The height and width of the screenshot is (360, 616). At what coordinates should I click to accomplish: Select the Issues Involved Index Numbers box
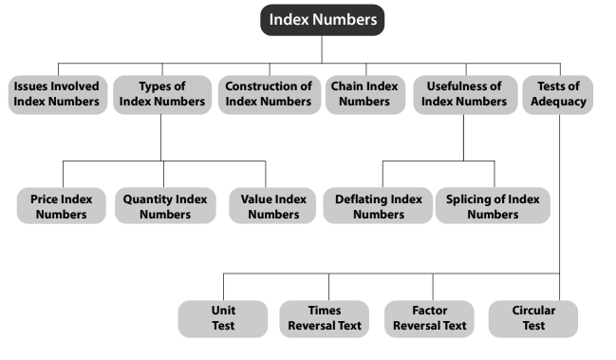click(x=57, y=94)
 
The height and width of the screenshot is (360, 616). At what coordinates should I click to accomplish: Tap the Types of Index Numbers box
click(x=160, y=94)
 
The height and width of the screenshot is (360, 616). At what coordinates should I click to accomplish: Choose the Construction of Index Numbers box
click(x=268, y=94)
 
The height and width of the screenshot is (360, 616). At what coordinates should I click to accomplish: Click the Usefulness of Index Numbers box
click(x=463, y=94)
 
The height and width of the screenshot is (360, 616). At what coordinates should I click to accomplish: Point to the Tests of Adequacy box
click(x=559, y=94)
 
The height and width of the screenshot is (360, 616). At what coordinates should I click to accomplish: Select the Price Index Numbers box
click(x=63, y=206)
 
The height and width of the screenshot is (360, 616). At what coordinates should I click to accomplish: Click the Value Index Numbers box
click(x=266, y=206)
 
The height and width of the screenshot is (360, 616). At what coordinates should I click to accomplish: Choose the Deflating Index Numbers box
click(x=378, y=206)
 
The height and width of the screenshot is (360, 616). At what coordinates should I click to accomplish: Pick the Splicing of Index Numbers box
click(x=493, y=206)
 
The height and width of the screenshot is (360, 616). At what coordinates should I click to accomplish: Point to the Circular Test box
click(x=533, y=318)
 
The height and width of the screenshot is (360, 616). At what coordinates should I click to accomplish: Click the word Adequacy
click(x=559, y=102)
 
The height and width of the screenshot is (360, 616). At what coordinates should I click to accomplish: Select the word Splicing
click(x=469, y=199)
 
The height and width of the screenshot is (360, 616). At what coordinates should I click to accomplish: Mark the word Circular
click(x=533, y=311)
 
